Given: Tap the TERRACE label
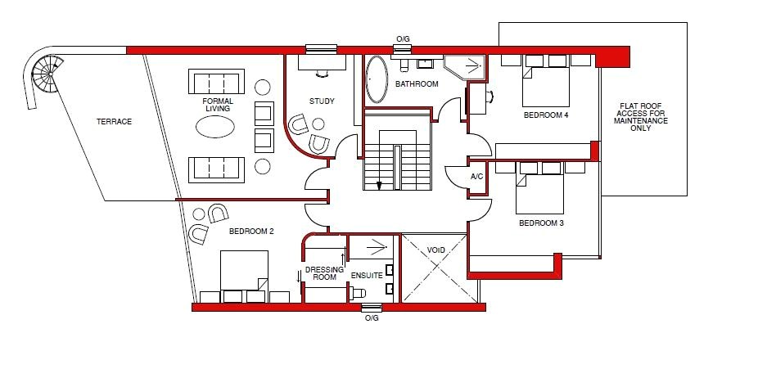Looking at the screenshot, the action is click(x=114, y=122).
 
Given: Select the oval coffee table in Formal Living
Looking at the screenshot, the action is click(x=215, y=127).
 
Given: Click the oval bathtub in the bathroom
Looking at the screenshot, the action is click(x=377, y=79).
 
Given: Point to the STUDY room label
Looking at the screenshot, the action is click(x=322, y=101).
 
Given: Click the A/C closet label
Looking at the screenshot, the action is click(x=477, y=177).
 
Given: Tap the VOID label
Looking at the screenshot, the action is click(x=435, y=250).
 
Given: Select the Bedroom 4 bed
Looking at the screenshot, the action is click(x=546, y=81).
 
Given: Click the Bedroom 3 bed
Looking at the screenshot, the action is click(x=539, y=188).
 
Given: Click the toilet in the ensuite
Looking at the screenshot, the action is click(x=357, y=293).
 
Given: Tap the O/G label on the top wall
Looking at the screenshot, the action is click(x=403, y=38).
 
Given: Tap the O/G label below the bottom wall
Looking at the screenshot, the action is click(x=372, y=318).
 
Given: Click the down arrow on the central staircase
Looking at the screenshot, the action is click(x=378, y=185).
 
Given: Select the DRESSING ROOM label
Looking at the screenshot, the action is click(x=321, y=273).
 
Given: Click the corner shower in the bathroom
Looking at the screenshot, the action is click(x=465, y=67).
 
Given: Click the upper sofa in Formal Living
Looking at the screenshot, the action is click(x=216, y=82).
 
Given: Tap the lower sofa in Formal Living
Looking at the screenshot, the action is click(x=216, y=170).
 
